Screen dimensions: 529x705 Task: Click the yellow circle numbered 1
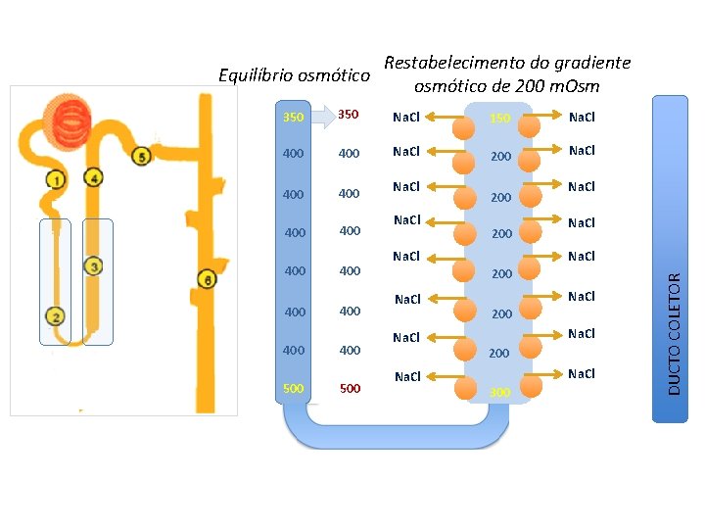point(56,180)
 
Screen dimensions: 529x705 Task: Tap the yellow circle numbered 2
point(56,316)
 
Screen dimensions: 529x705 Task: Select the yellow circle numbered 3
point(94,265)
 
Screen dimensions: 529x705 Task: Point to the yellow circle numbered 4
point(94,178)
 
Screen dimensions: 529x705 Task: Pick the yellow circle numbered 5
point(142,156)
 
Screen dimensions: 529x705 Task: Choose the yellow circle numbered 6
point(207,280)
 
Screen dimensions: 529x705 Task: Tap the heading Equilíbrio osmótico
point(294,75)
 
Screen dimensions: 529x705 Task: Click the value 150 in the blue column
point(500,119)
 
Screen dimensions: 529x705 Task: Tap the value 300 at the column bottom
point(500,392)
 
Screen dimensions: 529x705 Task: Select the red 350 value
point(349,116)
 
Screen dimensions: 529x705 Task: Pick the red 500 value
point(350,389)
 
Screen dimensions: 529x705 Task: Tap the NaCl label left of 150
point(405,118)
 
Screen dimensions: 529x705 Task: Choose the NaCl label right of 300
point(582,374)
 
